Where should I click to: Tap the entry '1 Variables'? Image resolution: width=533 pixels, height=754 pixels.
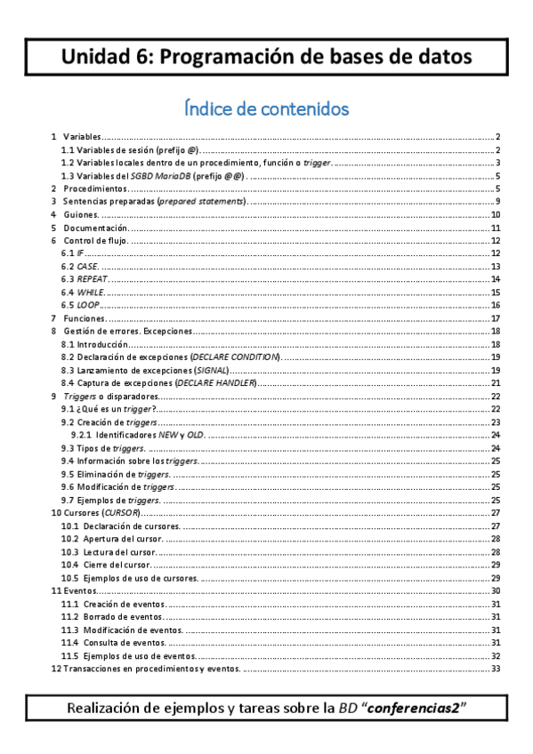pyautogui.click(x=81, y=137)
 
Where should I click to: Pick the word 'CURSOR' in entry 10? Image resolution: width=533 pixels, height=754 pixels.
pyautogui.click(x=120, y=513)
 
